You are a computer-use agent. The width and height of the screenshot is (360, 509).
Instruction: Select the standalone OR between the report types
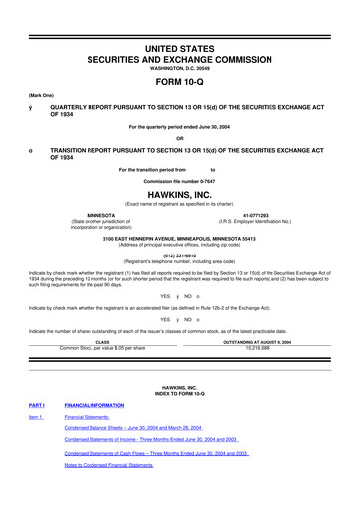(x=180, y=137)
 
